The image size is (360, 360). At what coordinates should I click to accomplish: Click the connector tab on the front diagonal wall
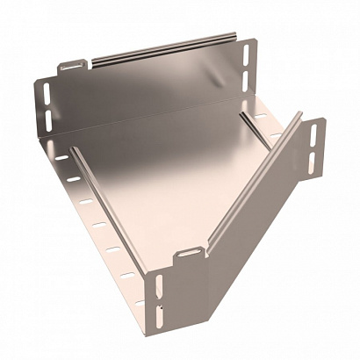coord(186,256)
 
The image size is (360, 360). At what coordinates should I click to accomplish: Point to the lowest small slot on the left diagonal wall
coord(130,276)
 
